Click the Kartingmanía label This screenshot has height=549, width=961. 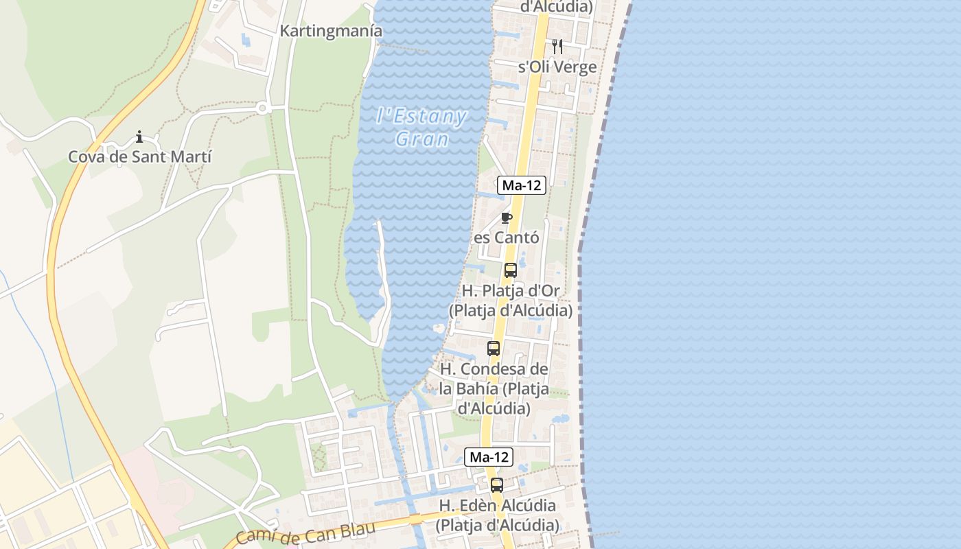[331, 31]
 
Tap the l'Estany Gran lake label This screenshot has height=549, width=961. [422, 127]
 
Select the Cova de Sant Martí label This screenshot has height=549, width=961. [139, 156]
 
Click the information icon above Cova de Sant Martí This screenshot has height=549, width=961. [139, 137]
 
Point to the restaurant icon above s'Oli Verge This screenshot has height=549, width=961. [557, 47]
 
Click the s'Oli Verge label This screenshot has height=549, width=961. [557, 67]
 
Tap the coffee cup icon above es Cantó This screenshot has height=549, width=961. [507, 218]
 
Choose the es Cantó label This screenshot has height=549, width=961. [507, 237]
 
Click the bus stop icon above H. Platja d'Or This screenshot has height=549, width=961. [511, 270]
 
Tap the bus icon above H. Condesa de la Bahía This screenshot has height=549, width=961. [494, 349]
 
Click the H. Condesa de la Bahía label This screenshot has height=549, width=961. [494, 388]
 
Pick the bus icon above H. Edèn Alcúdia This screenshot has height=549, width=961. [497, 485]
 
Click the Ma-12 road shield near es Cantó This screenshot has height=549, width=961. [522, 185]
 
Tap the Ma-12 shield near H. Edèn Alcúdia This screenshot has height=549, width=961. [489, 457]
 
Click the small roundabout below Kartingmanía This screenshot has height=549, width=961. [262, 108]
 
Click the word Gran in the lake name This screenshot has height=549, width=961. [422, 139]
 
